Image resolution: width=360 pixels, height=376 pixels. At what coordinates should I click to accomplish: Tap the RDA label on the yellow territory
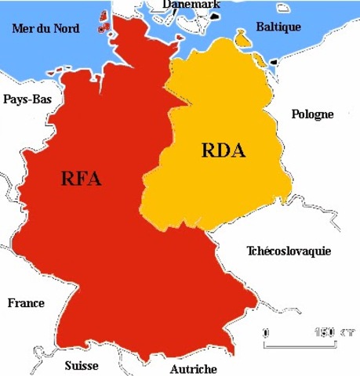[x=223, y=150]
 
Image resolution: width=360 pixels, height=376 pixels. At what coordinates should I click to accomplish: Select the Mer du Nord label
[x=45, y=29]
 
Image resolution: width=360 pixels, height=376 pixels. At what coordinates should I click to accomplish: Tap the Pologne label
[x=312, y=114]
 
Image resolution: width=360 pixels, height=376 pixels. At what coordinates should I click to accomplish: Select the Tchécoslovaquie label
[x=288, y=251]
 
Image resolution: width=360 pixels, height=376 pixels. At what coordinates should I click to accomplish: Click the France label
[x=26, y=303]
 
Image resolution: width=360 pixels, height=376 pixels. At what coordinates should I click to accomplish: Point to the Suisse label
[x=82, y=365]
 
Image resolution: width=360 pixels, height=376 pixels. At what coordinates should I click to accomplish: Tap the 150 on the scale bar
[x=323, y=331]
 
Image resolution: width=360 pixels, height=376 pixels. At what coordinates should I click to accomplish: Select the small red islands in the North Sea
[x=104, y=23]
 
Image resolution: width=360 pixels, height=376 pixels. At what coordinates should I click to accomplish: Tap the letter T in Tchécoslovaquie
[x=250, y=251]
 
